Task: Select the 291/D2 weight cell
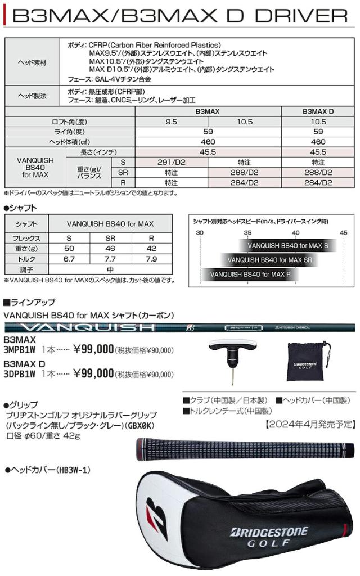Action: pos(172,162)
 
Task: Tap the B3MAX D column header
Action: pos(318,112)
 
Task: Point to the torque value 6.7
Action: pos(69,259)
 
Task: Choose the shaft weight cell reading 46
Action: pos(110,249)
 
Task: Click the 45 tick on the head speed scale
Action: pos(343,232)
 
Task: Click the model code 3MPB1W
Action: pos(20,350)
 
